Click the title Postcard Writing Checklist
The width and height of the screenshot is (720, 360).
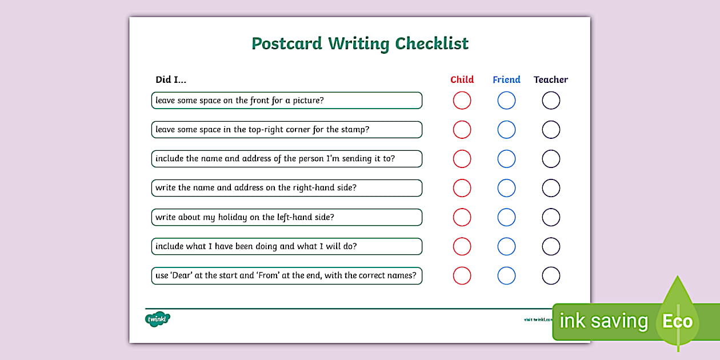(x=360, y=44)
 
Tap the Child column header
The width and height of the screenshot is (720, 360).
(x=462, y=79)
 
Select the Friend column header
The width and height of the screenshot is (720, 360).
(x=506, y=79)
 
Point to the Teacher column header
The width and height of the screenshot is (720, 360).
(x=551, y=79)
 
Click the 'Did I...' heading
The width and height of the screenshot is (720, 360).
(x=171, y=79)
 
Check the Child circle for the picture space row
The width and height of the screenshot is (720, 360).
(x=462, y=101)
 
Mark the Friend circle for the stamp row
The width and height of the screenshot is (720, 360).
(x=506, y=130)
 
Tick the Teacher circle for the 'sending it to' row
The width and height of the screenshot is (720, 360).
(x=551, y=159)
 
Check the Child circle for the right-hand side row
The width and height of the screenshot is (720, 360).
(x=462, y=188)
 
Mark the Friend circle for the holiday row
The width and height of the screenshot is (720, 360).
(x=506, y=217)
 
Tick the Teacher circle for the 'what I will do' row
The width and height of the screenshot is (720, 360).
(x=551, y=246)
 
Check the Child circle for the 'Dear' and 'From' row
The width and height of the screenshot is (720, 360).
(x=462, y=275)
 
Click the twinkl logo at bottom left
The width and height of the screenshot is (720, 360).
(x=158, y=319)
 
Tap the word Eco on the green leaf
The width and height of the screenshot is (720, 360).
(x=677, y=321)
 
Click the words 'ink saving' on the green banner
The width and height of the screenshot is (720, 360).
(x=603, y=321)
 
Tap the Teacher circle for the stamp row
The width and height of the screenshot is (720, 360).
(x=551, y=130)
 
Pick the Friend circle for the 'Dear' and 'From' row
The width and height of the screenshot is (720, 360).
(x=506, y=275)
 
